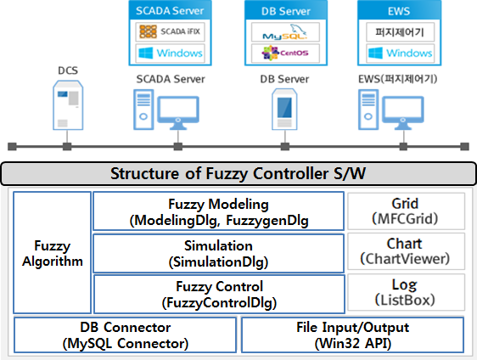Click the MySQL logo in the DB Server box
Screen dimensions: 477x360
pos(285,32)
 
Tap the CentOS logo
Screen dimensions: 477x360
pos(285,53)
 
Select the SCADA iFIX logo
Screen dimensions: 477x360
pos(170,31)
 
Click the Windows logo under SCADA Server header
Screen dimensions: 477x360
pos(171,53)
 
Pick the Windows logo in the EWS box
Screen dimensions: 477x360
pos(400,53)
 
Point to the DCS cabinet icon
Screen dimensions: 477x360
pos(68,105)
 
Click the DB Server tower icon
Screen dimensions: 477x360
pos(284,109)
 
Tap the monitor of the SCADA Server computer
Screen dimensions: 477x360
pos(178,112)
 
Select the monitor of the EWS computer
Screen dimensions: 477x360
pos(403,112)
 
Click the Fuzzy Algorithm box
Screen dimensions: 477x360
pos(52,252)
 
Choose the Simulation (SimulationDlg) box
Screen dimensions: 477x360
pos(218,253)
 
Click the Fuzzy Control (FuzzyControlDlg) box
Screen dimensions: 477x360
pos(219,294)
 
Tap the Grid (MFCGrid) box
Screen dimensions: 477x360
pos(406,211)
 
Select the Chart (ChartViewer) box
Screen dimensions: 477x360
pos(406,251)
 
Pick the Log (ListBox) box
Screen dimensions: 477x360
pos(406,292)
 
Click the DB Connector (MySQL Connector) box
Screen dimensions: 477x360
pos(125,335)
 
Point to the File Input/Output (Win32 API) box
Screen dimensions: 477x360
pos(352,335)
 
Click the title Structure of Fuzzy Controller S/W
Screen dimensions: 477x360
pos(238,174)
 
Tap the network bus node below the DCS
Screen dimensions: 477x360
pos(67,146)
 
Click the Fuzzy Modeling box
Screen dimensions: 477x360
pos(218,211)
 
